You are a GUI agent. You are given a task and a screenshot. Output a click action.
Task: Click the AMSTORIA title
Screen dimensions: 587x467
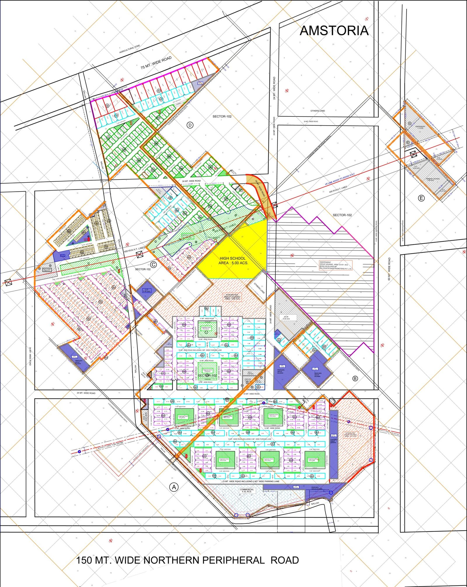point(334,31)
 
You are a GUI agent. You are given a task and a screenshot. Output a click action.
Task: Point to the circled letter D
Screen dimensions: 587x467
point(190,125)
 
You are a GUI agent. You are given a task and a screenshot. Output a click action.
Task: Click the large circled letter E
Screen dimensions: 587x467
point(421,198)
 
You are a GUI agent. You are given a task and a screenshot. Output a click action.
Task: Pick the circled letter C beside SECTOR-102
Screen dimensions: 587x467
point(154,265)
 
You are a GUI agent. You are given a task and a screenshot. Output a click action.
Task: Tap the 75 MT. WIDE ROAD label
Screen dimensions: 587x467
point(156,62)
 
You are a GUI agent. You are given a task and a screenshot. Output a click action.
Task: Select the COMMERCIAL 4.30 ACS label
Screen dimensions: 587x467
point(247,490)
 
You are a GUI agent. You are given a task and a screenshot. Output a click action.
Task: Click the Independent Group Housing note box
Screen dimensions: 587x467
point(336,265)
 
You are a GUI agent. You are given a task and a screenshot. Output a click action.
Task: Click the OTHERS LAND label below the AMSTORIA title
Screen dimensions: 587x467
point(318,111)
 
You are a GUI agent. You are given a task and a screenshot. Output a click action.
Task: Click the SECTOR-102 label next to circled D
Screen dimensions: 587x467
point(222,116)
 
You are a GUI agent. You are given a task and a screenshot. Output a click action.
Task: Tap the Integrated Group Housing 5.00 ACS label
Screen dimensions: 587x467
point(232,297)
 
